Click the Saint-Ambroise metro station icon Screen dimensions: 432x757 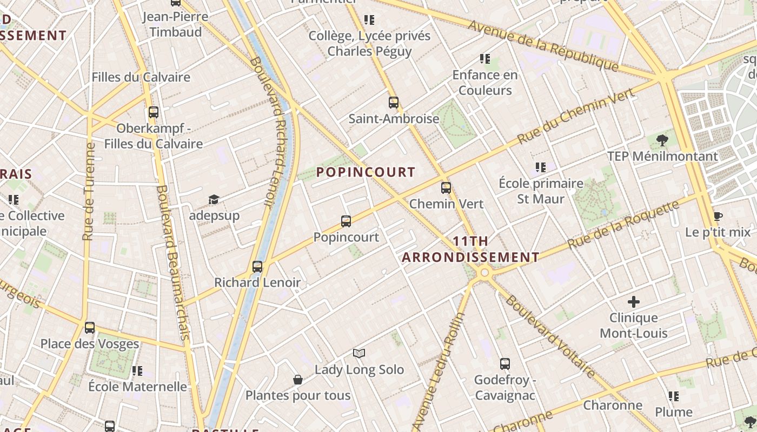pyautogui.click(x=393, y=102)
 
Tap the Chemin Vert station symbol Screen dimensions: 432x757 pyautogui.click(x=446, y=188)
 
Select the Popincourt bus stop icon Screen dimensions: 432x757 pyautogui.click(x=346, y=221)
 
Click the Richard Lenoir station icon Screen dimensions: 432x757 pyautogui.click(x=257, y=266)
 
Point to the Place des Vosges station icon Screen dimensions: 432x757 pyautogui.click(x=90, y=327)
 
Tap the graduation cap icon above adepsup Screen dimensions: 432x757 pyautogui.click(x=214, y=200)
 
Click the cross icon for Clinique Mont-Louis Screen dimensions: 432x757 pyautogui.click(x=634, y=302)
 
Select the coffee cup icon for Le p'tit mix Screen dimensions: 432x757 pyautogui.click(x=718, y=217)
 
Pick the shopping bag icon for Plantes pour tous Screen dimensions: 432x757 pyautogui.click(x=297, y=380)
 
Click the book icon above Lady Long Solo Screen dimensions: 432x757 pyautogui.click(x=359, y=353)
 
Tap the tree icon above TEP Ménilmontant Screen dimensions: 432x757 pyautogui.click(x=662, y=140)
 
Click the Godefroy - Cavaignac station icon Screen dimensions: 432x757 pyautogui.click(x=504, y=364)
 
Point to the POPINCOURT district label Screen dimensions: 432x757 pyautogui.click(x=366, y=172)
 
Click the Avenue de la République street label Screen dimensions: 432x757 pyautogui.click(x=543, y=45)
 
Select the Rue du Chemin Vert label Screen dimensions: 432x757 pyautogui.click(x=575, y=116)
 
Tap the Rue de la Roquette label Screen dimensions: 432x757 pyautogui.click(x=623, y=225)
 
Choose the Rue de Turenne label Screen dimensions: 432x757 pyautogui.click(x=89, y=191)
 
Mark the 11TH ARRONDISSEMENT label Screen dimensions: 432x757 pyautogui.click(x=470, y=249)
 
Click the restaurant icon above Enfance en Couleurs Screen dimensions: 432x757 pyautogui.click(x=484, y=58)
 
